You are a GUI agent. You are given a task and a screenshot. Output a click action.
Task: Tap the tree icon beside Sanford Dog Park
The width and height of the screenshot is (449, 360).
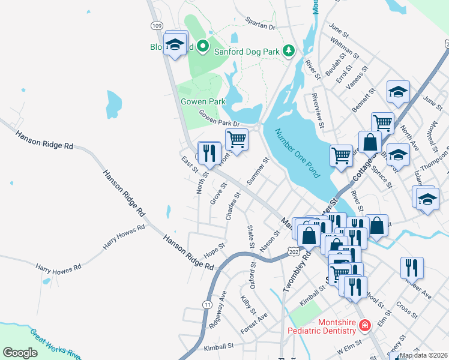(289, 50)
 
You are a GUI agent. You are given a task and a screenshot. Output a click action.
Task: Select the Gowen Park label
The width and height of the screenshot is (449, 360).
(203, 101)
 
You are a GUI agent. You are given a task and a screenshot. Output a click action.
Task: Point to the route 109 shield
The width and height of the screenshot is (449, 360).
(157, 25)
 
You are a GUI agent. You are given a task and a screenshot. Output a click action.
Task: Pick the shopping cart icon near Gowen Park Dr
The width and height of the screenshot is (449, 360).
(237, 140)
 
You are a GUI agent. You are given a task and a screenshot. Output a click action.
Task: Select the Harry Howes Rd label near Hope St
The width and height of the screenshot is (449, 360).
(124, 236)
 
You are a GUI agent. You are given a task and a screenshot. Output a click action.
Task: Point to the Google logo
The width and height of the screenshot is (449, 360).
(20, 353)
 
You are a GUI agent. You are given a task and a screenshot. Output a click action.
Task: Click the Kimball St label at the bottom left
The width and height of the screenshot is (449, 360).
(218, 347)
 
